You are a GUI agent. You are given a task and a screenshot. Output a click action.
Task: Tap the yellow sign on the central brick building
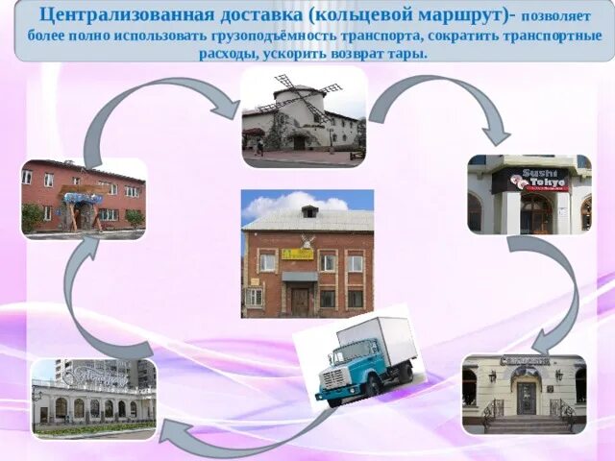(297, 255)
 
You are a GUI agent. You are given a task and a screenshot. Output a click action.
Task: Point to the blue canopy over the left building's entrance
(83, 199)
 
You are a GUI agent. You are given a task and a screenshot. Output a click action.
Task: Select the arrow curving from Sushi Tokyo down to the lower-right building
(557, 288)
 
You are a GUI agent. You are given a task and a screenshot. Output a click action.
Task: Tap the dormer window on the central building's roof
(309, 210)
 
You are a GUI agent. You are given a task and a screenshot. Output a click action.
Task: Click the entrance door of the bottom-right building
(526, 396)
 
